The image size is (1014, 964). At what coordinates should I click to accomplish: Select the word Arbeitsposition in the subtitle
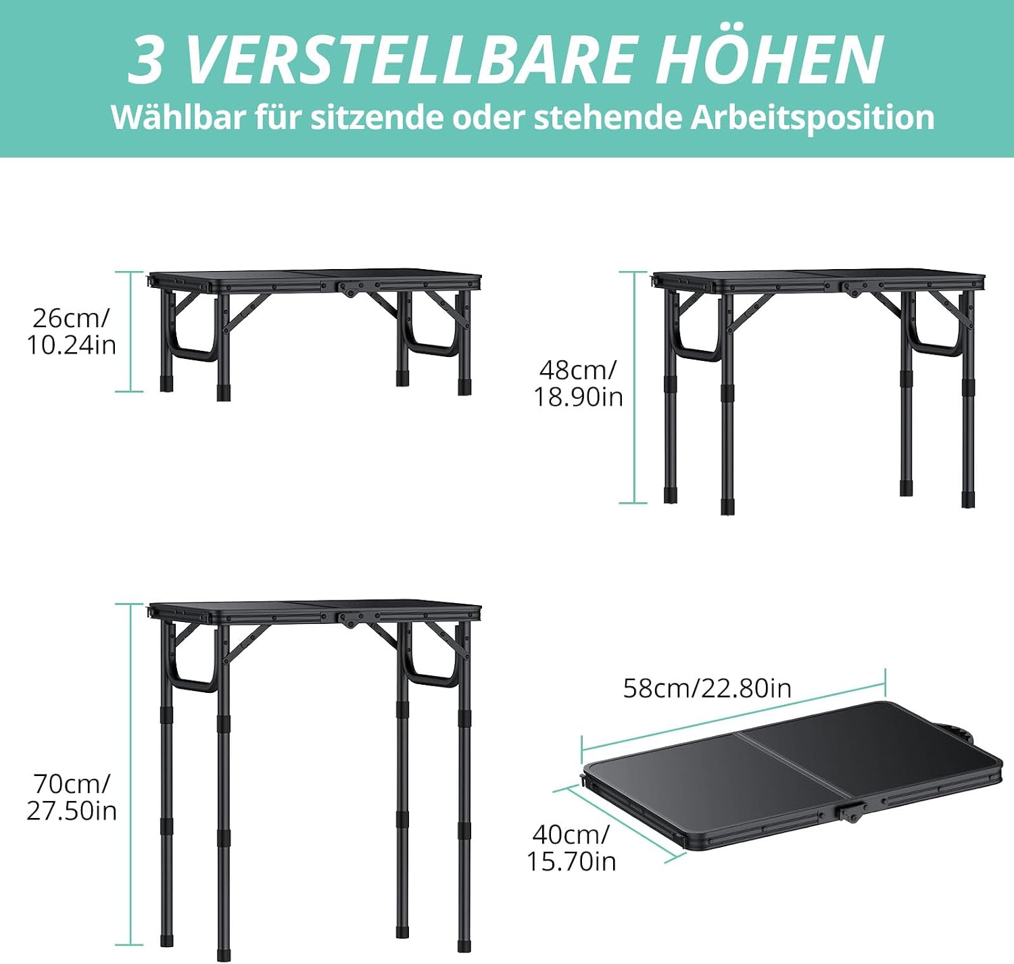click(813, 118)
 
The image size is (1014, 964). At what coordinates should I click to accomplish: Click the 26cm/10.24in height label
click(72, 332)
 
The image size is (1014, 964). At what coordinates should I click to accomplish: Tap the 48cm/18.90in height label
click(578, 384)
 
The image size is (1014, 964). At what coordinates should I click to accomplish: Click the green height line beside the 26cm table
click(130, 332)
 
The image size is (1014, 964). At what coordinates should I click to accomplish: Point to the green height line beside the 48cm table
click(633, 387)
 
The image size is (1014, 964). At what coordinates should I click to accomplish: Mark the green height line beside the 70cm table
click(130, 774)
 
